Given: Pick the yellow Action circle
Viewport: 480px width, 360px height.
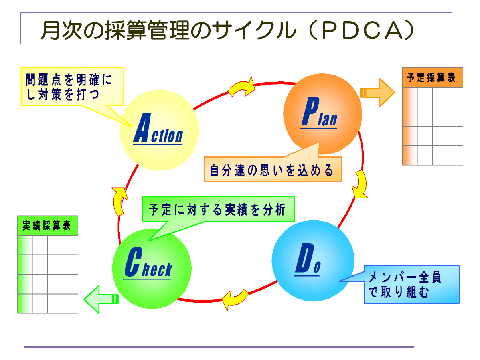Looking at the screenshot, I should coord(160,130).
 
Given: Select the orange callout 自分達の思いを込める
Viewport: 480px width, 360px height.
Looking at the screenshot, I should coord(272,170).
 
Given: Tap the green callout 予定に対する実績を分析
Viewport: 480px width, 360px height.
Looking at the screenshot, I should coord(219,209).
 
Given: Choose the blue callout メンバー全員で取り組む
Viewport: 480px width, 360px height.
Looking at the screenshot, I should coord(411,284).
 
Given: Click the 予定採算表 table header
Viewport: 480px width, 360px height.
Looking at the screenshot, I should coord(432,78).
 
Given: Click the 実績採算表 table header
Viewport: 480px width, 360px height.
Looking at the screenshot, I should coord(47,226).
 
